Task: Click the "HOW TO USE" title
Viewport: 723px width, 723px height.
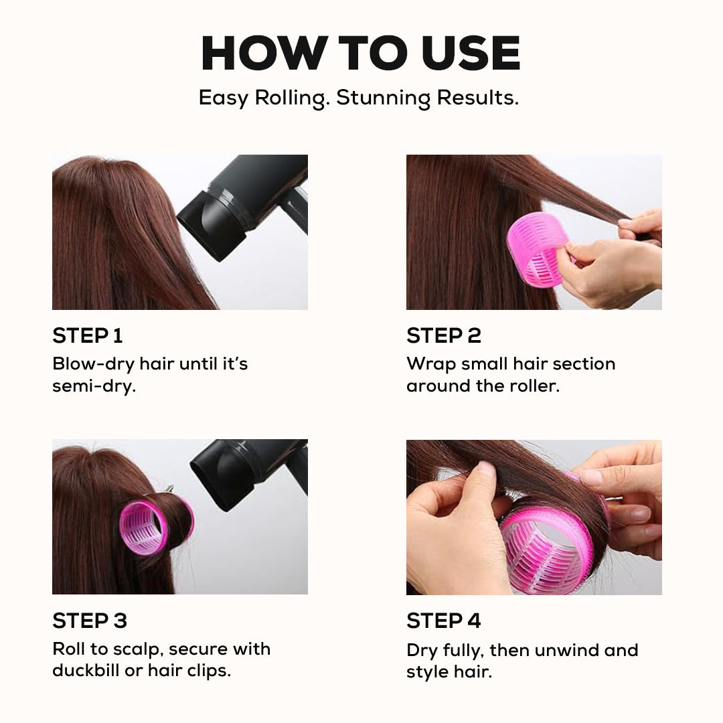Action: pyautogui.click(x=360, y=53)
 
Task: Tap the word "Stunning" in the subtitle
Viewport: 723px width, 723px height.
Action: pyautogui.click(x=384, y=98)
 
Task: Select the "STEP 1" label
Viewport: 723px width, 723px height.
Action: pyautogui.click(x=87, y=335)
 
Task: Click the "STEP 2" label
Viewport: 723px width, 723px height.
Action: pyautogui.click(x=443, y=335)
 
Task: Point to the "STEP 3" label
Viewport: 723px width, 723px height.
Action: pyautogui.click(x=89, y=621)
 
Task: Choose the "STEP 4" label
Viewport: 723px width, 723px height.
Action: pyautogui.click(x=443, y=621)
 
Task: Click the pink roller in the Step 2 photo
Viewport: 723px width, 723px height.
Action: pyautogui.click(x=536, y=249)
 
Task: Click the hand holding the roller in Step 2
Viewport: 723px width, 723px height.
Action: pyautogui.click(x=602, y=268)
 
